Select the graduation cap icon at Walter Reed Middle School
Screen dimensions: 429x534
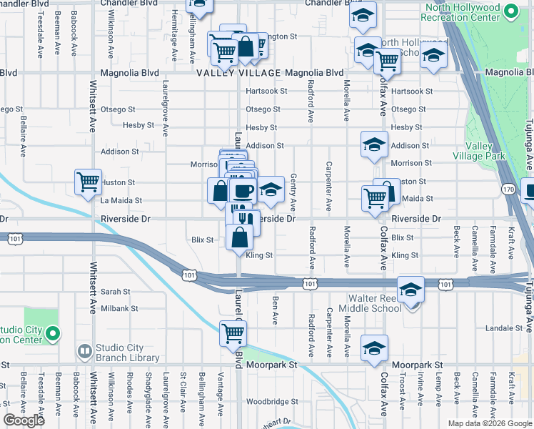tap(410, 290)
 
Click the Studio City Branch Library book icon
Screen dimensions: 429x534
tap(84, 352)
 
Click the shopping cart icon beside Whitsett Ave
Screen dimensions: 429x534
tap(88, 182)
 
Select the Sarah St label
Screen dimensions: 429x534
tap(115, 292)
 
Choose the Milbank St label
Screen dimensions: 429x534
tap(119, 308)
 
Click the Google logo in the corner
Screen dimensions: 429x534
tap(24, 420)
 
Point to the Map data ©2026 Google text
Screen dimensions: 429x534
tap(489, 423)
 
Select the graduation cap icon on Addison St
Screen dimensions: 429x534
tap(374, 144)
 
